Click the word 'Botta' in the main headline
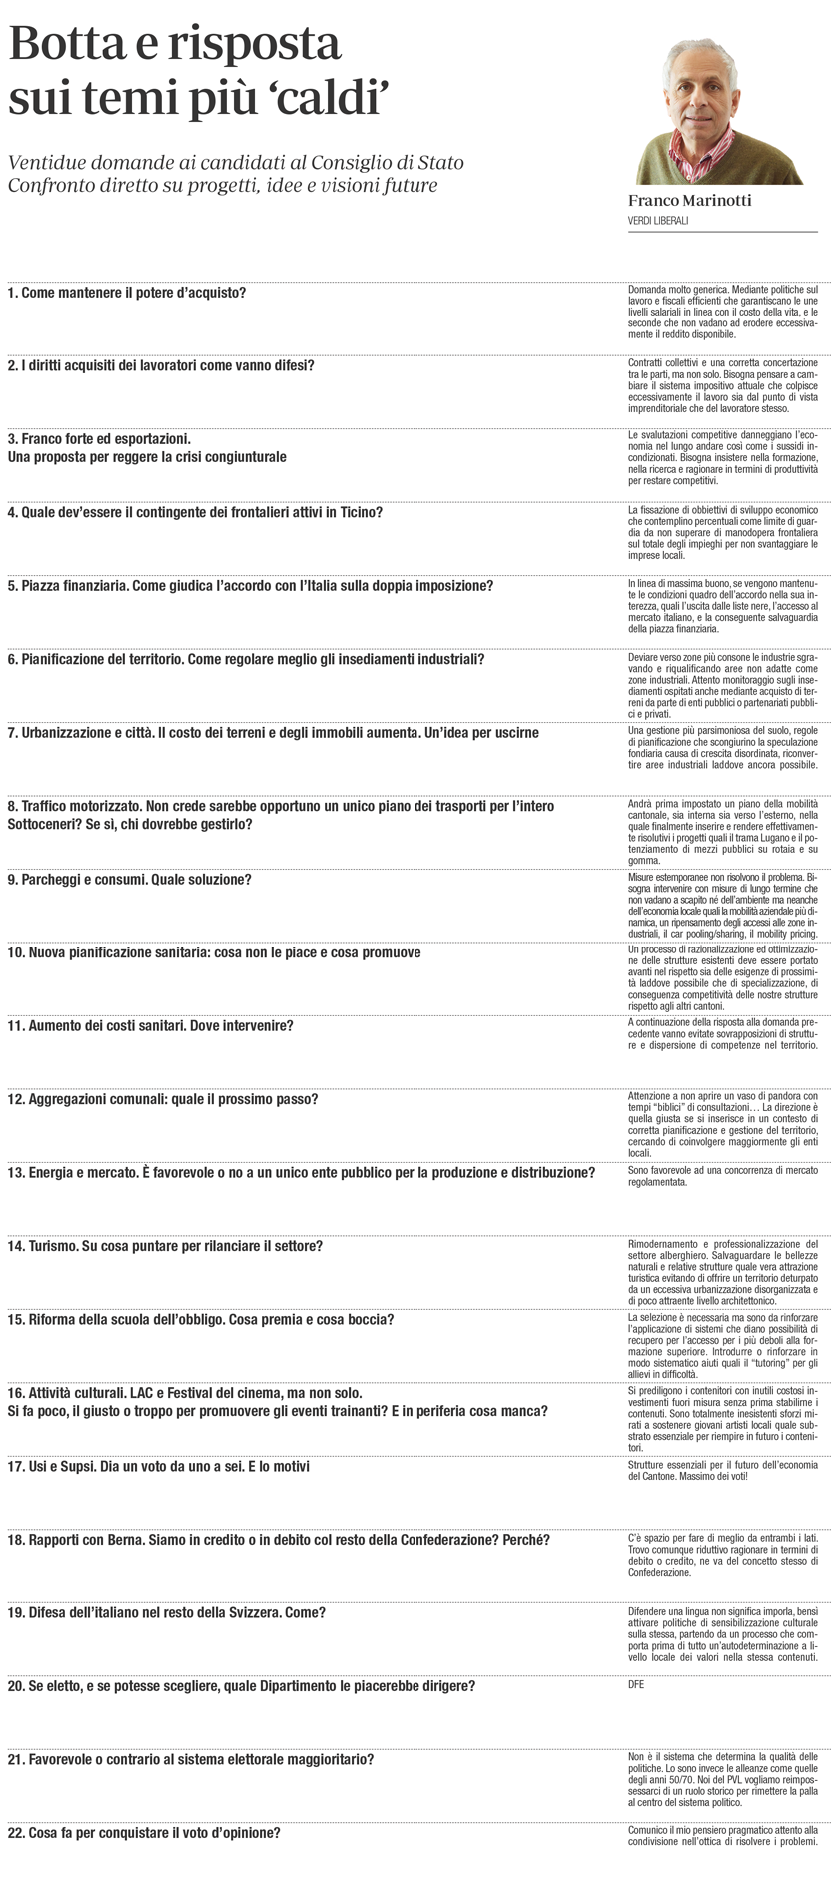76,46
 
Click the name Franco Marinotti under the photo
689,200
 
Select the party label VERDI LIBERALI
658,220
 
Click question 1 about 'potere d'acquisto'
126,293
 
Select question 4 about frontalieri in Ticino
194,512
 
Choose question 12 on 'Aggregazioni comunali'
163,1099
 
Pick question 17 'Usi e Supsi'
158,1466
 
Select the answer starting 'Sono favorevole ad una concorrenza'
722,1174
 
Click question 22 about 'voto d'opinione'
143,1833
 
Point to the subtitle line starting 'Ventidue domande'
236,163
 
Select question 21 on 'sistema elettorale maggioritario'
191,1759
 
